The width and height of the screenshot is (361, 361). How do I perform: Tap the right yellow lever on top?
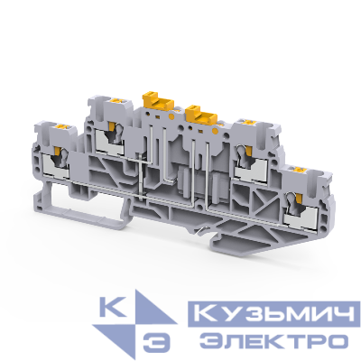tap(199, 114)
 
